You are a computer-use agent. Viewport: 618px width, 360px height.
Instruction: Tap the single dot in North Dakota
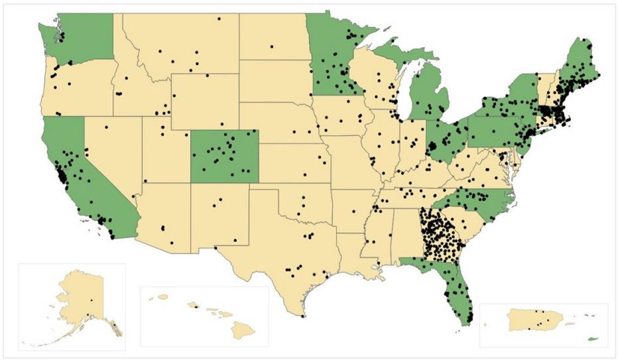pos(271,46)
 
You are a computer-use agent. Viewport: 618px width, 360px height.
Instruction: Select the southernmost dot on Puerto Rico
pos(540,324)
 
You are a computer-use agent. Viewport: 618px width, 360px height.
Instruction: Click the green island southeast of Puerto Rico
pos(592,339)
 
